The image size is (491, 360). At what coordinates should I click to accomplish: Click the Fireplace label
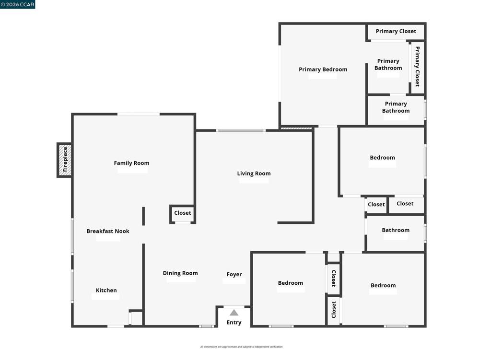click(x=65, y=159)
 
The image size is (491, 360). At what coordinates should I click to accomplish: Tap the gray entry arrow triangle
click(x=234, y=313)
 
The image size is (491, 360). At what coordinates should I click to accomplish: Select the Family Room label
click(x=131, y=163)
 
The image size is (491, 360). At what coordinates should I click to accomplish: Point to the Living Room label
click(x=254, y=174)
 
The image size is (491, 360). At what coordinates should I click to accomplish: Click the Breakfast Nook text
click(x=108, y=231)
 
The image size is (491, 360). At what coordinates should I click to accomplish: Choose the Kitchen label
click(x=106, y=290)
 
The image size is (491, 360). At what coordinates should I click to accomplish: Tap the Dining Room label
click(x=180, y=273)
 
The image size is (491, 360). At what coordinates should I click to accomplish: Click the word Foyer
click(x=234, y=274)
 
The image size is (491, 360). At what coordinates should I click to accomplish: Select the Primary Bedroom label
click(x=323, y=70)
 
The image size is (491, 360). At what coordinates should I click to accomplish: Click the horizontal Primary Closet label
click(x=396, y=31)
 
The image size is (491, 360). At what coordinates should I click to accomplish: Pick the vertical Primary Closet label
click(x=417, y=66)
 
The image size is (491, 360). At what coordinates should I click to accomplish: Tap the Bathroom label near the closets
click(x=396, y=230)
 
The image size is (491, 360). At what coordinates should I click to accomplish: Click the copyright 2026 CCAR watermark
click(x=18, y=4)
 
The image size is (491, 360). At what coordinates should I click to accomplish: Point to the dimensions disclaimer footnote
click(x=242, y=347)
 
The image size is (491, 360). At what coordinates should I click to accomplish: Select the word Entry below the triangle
click(x=234, y=323)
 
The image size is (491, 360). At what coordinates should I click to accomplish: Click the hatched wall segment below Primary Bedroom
click(x=296, y=128)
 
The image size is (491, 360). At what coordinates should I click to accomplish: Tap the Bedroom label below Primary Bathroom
click(x=382, y=157)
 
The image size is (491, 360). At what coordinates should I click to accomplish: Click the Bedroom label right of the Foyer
click(x=290, y=283)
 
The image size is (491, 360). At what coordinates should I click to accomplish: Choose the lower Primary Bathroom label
click(x=396, y=107)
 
